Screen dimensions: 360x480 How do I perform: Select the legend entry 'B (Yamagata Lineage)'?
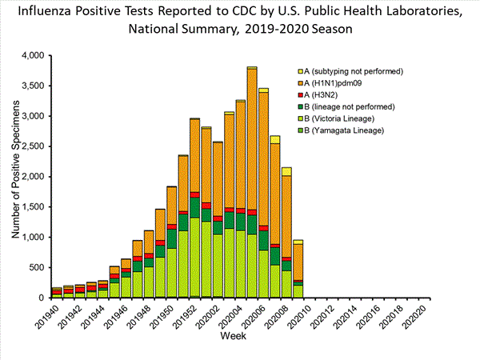coord(350,130)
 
